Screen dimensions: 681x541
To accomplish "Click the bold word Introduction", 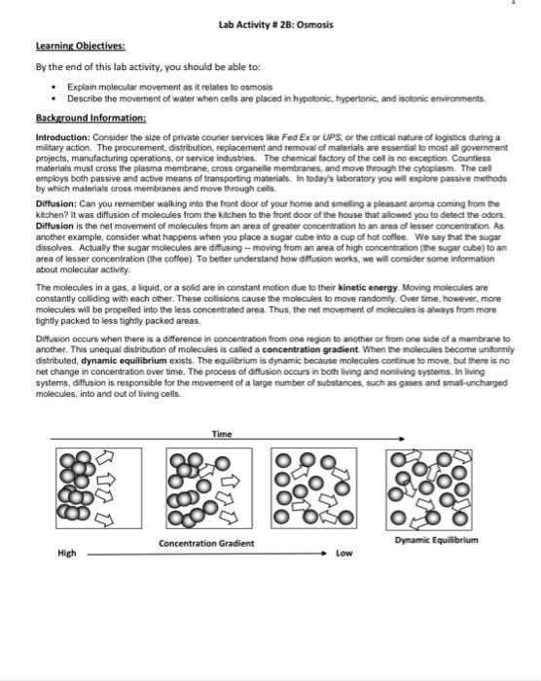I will (48, 139).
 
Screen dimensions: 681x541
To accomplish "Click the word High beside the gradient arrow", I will (67, 553).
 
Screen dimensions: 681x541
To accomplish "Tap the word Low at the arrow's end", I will (344, 553).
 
